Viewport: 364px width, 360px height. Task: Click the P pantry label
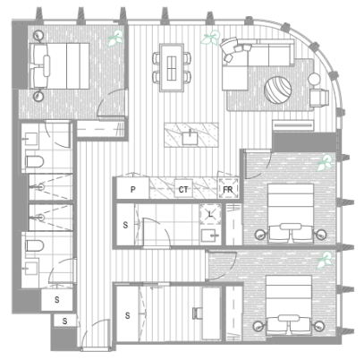click(133, 189)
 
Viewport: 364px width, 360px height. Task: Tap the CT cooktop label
click(183, 189)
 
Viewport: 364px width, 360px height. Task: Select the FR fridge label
click(228, 189)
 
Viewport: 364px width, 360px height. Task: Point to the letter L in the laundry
click(210, 214)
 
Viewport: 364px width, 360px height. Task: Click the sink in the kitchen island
click(190, 138)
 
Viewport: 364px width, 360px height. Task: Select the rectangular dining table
click(172, 67)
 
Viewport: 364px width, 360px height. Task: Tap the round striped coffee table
click(278, 90)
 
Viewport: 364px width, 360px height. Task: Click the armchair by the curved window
click(319, 98)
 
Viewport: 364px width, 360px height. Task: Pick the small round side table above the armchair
click(314, 79)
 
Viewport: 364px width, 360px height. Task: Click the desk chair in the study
click(198, 313)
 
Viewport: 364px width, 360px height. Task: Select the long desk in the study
click(211, 313)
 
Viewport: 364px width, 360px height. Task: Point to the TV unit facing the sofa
click(293, 125)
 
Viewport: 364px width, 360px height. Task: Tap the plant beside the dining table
click(211, 38)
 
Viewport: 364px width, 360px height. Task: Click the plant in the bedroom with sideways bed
click(115, 38)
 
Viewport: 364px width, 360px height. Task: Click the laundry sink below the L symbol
click(210, 236)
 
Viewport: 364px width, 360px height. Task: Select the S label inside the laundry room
click(125, 225)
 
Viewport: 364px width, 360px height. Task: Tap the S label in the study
click(127, 315)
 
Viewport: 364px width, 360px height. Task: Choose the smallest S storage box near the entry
click(64, 321)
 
